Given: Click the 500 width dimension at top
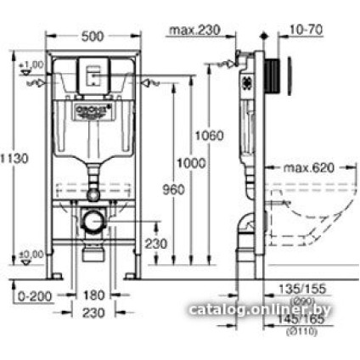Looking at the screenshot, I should (x=95, y=37).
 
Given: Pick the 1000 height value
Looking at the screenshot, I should (x=192, y=163).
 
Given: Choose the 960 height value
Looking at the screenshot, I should (x=173, y=190).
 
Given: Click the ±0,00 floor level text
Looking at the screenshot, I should (x=32, y=253).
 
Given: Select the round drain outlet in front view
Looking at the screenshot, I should (x=94, y=222).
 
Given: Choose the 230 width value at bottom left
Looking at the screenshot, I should (x=95, y=313).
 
